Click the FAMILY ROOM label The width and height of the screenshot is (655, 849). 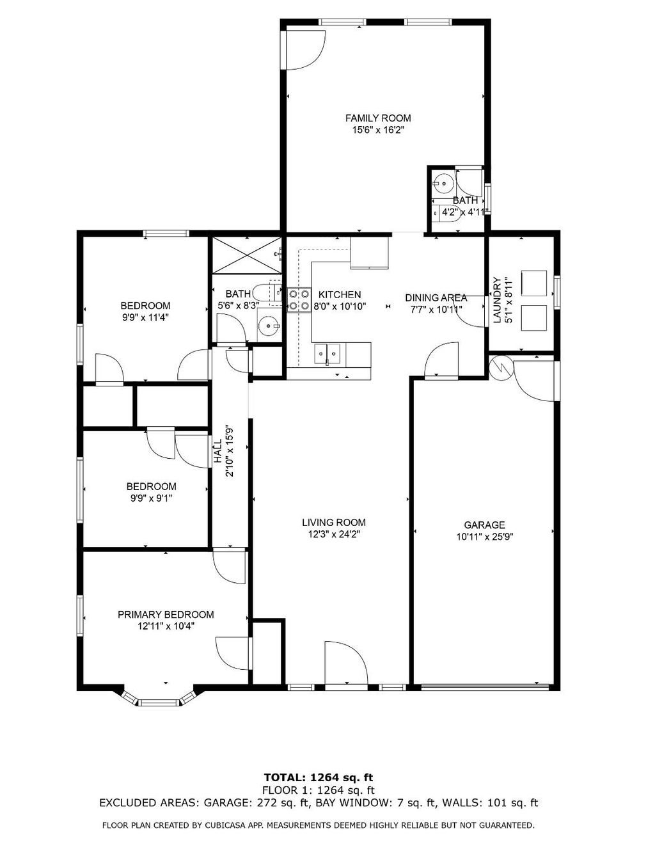click(378, 118)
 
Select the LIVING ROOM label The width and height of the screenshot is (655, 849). click(334, 522)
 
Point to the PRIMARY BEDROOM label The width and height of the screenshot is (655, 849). click(166, 614)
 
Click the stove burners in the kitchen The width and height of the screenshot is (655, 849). click(298, 300)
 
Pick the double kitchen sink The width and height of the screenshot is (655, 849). click(327, 353)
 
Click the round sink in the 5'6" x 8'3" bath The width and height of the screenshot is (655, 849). click(268, 327)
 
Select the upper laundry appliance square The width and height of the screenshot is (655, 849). click(534, 283)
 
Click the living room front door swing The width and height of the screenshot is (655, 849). click(345, 663)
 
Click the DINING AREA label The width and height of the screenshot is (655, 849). click(436, 298)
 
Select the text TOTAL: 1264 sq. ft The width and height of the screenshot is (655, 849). click(318, 777)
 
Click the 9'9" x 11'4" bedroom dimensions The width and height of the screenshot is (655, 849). click(145, 317)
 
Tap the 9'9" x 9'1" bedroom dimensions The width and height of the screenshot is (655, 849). click(151, 498)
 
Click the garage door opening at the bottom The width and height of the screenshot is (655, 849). click(485, 688)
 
